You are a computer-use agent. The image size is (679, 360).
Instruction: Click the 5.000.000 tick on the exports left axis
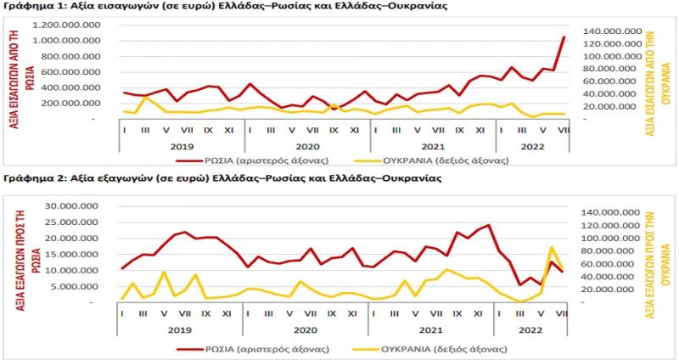point(81,286)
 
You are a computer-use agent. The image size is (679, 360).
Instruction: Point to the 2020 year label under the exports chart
point(305,329)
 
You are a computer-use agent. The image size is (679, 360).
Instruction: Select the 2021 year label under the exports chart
point(430,329)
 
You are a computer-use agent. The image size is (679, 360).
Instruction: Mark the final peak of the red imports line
point(564,37)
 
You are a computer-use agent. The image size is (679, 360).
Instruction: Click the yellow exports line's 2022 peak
point(553,247)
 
